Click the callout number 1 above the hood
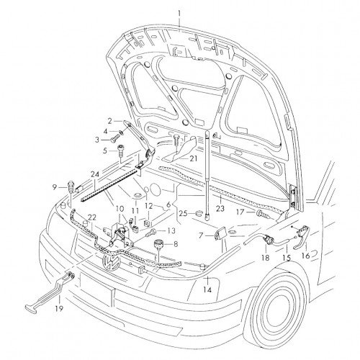point(179,13)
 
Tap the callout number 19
point(59,307)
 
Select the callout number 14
point(207,289)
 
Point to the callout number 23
point(220,208)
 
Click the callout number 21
point(194,158)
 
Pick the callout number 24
point(95,174)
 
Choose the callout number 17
point(240,212)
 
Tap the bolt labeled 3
point(116,139)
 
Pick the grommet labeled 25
point(199,213)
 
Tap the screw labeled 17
point(263,215)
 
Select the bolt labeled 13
point(150,232)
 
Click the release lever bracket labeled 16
point(302,235)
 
